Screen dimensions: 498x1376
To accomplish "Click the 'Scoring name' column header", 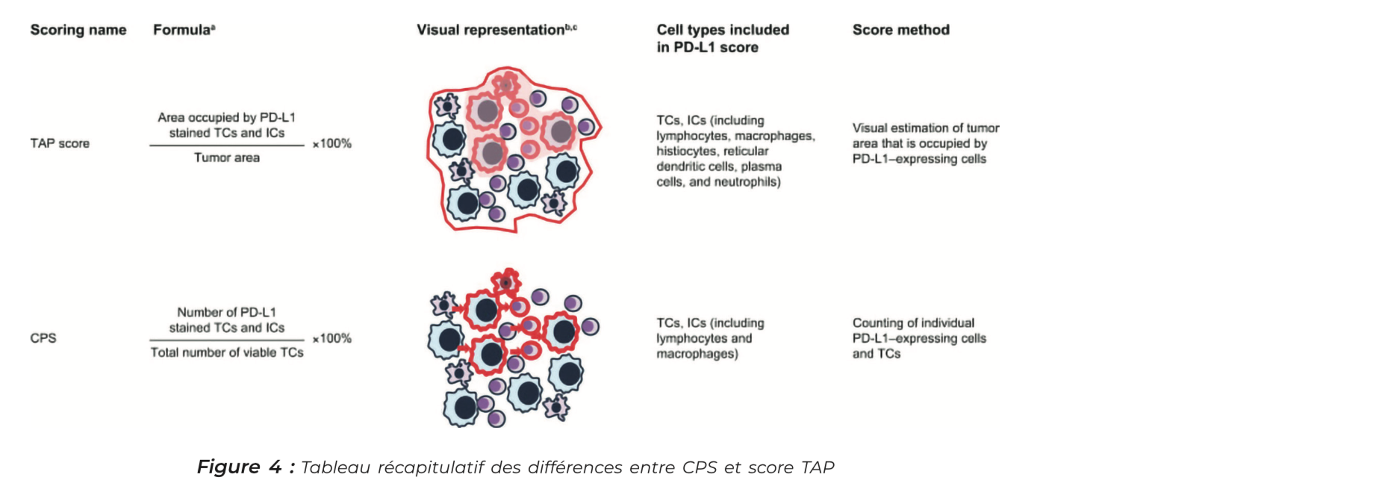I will click(x=78, y=30).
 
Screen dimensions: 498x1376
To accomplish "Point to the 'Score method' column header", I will click(x=900, y=30).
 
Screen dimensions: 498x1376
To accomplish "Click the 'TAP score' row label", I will click(x=60, y=143).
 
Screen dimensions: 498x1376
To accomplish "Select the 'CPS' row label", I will click(x=43, y=338).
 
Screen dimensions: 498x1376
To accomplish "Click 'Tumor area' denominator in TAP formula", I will click(x=227, y=158).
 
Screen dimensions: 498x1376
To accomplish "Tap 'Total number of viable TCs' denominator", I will click(x=227, y=352).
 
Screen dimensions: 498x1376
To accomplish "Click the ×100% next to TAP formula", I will click(x=331, y=143).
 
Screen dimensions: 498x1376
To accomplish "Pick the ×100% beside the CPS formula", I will click(x=331, y=338).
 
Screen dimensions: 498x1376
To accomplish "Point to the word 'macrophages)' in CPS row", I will click(x=697, y=354).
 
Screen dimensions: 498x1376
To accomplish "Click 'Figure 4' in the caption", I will click(x=239, y=467).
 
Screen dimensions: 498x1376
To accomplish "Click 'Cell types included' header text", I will click(x=722, y=30).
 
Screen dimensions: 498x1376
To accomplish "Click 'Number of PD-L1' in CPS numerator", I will click(x=226, y=312).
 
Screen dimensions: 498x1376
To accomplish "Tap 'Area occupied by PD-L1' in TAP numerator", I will click(x=226, y=117).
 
